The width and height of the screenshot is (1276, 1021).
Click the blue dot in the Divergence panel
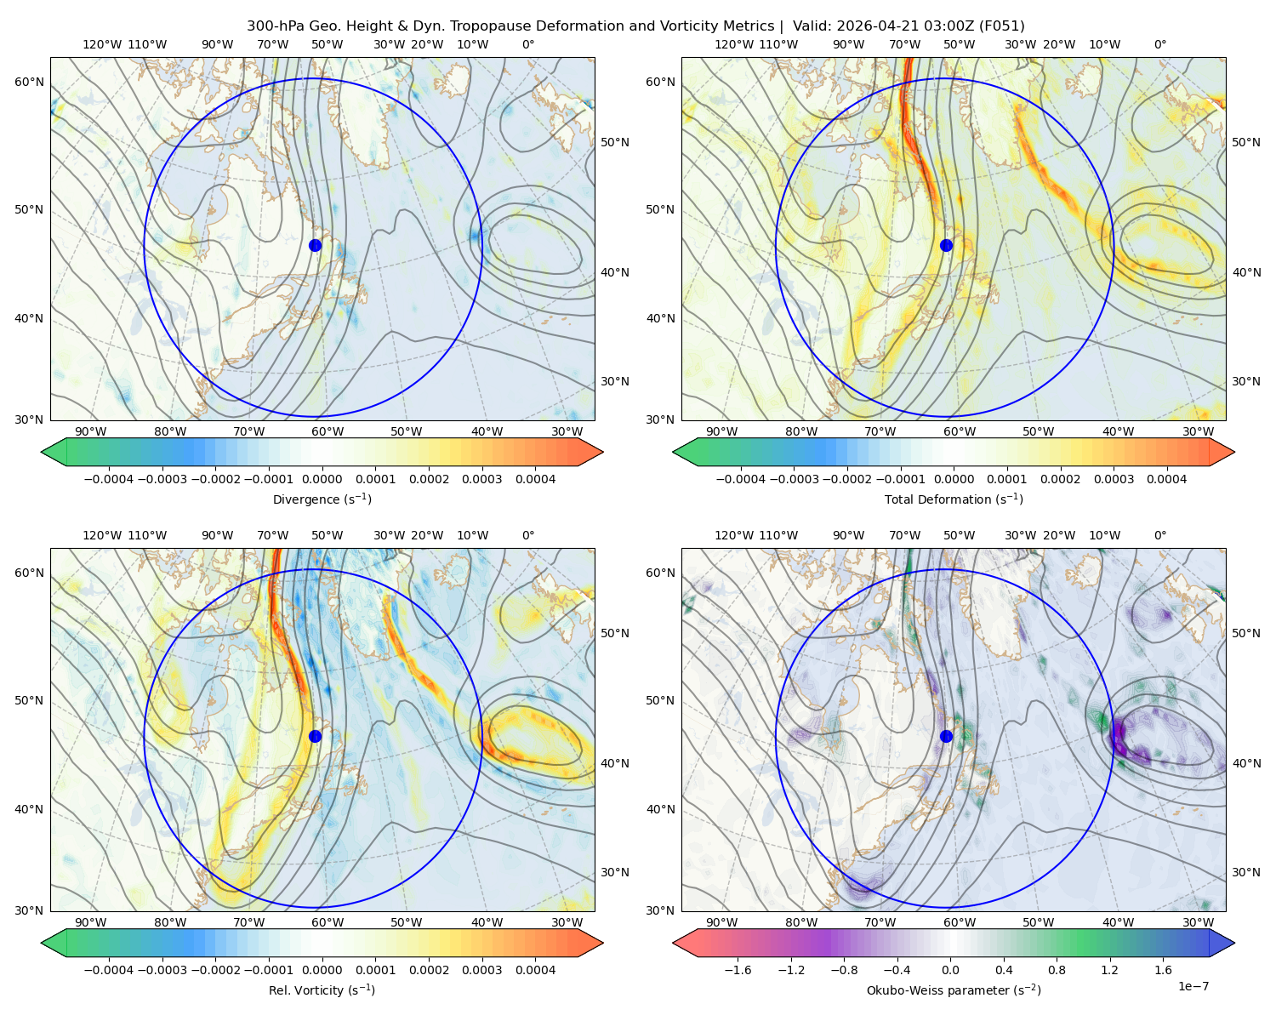pos(315,245)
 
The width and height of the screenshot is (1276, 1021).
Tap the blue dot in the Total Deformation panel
pos(946,245)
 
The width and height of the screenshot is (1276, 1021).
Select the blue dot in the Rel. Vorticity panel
pos(315,736)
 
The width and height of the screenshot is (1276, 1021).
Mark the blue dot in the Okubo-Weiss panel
pos(946,736)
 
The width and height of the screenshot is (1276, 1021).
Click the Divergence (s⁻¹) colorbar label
pos(322,499)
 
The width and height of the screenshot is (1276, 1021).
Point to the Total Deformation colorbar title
pos(954,499)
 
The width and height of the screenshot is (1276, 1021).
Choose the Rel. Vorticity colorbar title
pos(322,990)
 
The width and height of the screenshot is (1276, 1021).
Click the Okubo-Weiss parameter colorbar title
pos(954,990)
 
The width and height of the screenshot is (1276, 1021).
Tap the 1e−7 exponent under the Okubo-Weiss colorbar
pos(1193,986)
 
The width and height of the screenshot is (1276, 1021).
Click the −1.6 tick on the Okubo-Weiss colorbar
pos(738,969)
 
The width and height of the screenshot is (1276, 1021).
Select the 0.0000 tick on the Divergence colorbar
pos(322,479)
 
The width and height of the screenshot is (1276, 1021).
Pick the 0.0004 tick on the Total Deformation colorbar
pos(1166,479)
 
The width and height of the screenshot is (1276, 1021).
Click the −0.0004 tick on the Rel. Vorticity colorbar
pos(109,969)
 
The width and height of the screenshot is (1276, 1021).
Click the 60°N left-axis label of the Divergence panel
pos(29,82)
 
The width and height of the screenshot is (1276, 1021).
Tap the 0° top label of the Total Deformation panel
pos(1159,44)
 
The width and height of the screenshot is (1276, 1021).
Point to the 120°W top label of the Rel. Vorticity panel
pos(102,534)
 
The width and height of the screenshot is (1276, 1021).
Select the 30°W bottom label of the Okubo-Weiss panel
pos(1198,922)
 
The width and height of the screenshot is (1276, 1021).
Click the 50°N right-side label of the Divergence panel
pos(615,142)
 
